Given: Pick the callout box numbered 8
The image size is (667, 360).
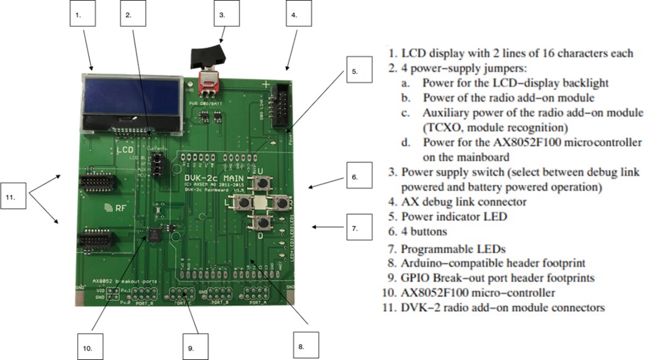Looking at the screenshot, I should coord(301,345).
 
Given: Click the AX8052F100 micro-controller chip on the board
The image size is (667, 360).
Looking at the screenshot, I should coord(152,233).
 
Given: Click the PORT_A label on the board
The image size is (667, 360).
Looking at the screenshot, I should coord(258,304).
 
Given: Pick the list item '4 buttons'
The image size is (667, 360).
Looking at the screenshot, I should coord(426,232).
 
